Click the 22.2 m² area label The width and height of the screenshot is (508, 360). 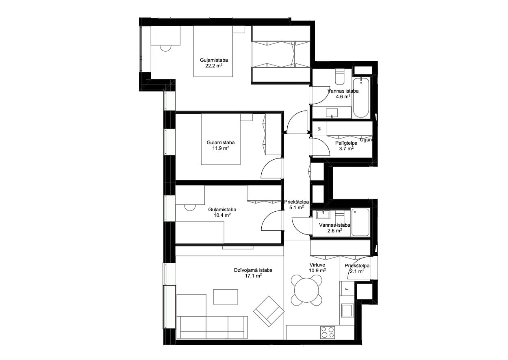coord(214,66)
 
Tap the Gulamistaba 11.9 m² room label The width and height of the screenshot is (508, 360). coord(221,145)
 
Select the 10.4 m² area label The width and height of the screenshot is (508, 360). coord(222,215)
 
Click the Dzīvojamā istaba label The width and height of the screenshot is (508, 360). coord(253,270)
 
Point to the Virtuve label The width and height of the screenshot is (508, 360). coord(317,265)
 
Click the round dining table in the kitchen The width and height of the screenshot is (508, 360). coord(306,291)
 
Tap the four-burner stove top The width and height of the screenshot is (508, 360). coord(328,332)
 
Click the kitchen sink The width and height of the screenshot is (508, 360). coord(347,310)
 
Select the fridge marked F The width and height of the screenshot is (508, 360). coord(347,288)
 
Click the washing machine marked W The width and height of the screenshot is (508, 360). coord(320,129)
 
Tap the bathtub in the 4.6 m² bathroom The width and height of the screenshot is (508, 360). coord(361,98)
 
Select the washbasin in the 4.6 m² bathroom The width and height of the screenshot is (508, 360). coord(332,113)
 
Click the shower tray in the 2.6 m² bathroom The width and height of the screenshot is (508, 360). coord(360,222)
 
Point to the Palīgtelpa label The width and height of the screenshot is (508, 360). coord(346,143)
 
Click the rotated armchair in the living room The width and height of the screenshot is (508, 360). coord(269,311)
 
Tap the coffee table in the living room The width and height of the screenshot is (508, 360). coord(226,297)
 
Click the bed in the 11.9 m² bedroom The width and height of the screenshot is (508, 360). coord(221,139)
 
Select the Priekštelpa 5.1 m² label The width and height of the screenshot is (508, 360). coord(296,204)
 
